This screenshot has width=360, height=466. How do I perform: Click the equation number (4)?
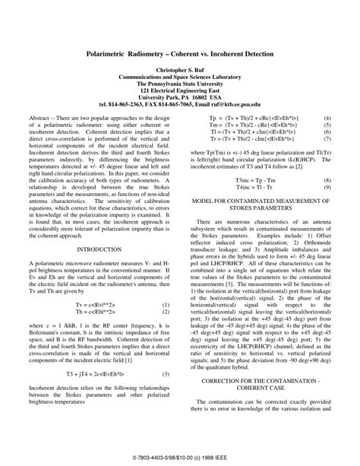tap(327, 118)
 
